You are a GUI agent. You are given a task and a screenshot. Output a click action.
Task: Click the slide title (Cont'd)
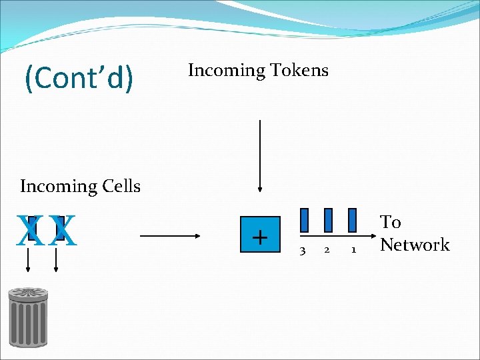coord(79,78)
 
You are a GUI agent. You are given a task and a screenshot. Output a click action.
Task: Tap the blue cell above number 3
coord(304,220)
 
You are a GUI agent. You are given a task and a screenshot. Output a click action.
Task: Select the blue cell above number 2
coord(328,220)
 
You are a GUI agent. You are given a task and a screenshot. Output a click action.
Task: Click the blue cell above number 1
coord(353,220)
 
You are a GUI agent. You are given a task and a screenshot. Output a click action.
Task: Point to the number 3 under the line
coord(303,251)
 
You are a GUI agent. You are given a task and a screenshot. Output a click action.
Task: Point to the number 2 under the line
coord(326,251)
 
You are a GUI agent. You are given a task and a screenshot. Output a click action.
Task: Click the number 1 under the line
coord(353,251)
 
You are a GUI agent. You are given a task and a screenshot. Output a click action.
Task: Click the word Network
coord(415,245)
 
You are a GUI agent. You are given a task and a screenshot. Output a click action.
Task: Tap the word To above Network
coord(390,222)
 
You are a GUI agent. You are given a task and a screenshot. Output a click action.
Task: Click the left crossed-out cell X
coord(29,229)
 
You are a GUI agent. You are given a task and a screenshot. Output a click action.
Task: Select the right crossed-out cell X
coord(63,229)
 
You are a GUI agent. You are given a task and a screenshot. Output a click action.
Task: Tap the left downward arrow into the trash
coord(28,260)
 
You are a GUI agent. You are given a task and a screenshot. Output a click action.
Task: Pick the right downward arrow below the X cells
coord(55,260)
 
